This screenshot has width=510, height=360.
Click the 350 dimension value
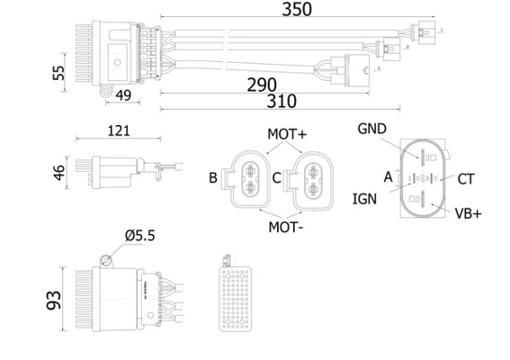click(x=297, y=9)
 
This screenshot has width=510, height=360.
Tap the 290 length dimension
click(x=262, y=85)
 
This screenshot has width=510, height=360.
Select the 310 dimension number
click(x=282, y=101)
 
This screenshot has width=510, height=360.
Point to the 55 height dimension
click(x=58, y=73)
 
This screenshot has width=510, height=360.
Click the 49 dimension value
click(x=123, y=95)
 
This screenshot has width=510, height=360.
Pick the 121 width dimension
click(x=119, y=130)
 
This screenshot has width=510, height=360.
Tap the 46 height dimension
click(x=59, y=173)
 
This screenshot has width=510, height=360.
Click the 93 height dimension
click(x=54, y=300)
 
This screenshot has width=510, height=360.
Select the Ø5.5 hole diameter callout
click(x=139, y=236)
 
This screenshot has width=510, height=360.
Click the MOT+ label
click(x=287, y=134)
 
